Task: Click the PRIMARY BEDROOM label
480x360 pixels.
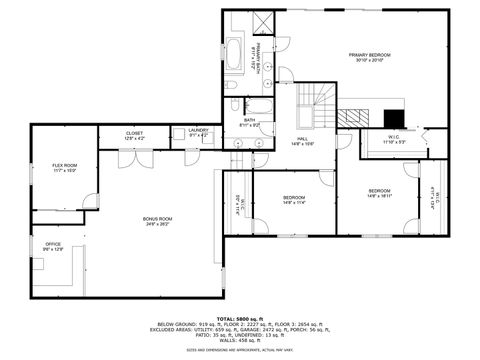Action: (368, 54)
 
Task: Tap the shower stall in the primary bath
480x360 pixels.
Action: (264, 22)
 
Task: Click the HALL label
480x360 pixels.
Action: (302, 140)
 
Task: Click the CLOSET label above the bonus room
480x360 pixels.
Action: (134, 133)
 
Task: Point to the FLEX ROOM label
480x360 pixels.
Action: (64, 165)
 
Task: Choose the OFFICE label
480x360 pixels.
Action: (52, 244)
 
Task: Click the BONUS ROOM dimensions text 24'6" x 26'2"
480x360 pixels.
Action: (158, 224)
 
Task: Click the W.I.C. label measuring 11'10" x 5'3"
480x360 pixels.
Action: (394, 142)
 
